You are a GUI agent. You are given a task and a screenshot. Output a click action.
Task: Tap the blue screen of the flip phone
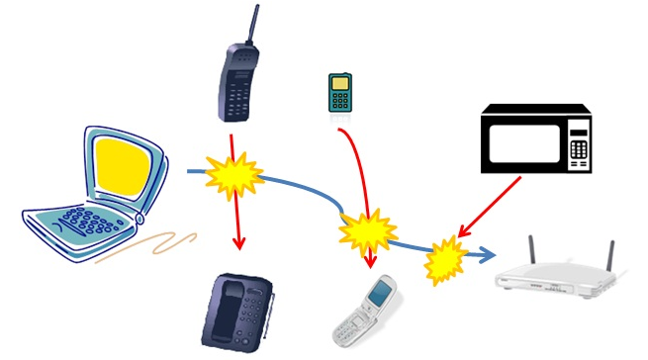pos(380,292)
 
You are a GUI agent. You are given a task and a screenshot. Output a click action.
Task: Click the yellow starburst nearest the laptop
pos(233,176)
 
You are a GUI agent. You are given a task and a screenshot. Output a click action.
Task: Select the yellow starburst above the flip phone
pos(366,233)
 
